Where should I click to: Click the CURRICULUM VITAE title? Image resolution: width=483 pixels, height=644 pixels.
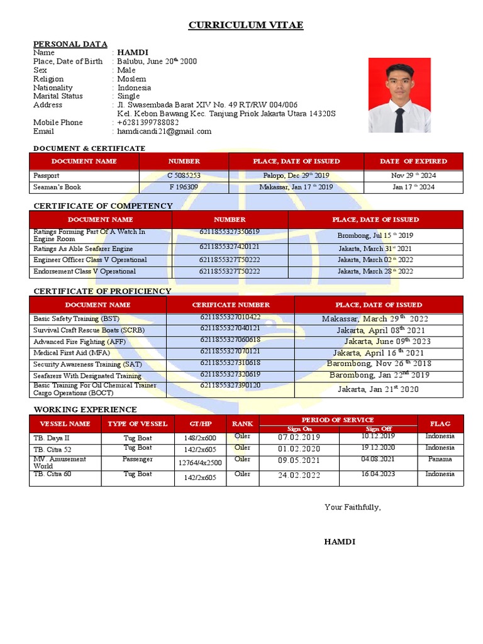click(x=246, y=25)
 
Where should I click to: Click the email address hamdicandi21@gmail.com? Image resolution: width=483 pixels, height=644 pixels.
click(x=164, y=131)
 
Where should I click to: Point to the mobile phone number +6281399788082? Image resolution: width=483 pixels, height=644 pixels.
click(x=148, y=123)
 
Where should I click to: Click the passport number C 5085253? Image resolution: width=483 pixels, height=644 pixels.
click(x=184, y=175)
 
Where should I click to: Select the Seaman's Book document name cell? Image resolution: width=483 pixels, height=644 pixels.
click(x=57, y=187)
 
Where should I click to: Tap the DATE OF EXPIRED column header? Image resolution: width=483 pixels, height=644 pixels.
click(x=413, y=161)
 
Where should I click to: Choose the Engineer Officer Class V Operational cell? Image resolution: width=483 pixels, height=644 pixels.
click(x=90, y=260)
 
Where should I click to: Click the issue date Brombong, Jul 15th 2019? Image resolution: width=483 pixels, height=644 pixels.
click(x=375, y=235)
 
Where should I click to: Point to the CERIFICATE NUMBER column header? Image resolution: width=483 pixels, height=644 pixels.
click(x=230, y=305)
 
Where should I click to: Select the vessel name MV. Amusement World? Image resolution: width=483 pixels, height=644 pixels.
click(x=60, y=462)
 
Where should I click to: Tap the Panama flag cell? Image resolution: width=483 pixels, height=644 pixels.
click(x=440, y=459)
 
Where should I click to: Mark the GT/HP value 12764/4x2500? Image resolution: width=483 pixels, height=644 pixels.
click(x=200, y=463)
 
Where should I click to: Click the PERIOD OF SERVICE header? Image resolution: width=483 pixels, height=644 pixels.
click(x=338, y=419)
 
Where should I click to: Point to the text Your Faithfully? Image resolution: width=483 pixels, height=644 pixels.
click(x=352, y=507)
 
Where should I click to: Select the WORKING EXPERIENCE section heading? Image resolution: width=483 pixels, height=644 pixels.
click(x=85, y=409)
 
